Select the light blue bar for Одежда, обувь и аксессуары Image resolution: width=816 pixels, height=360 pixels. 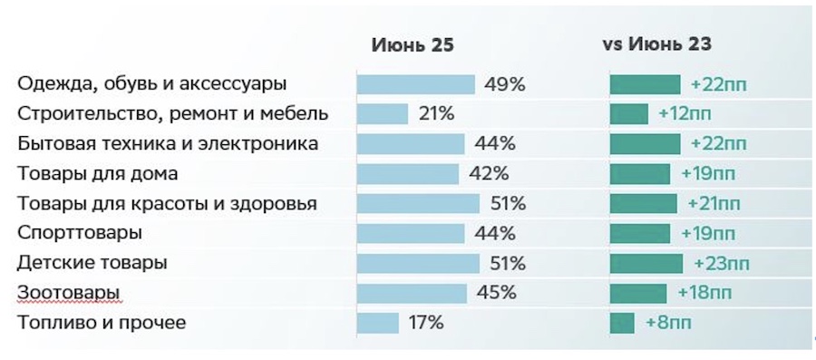click(x=415, y=84)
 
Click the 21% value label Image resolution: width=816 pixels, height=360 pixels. click(x=435, y=114)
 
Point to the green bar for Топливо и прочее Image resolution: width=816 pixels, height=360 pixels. click(x=622, y=323)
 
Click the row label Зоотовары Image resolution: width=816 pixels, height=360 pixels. click(x=69, y=293)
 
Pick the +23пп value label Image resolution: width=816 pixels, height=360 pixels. click(x=721, y=263)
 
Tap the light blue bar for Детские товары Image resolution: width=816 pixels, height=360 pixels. click(x=418, y=263)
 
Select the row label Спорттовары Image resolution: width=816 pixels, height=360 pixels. click(x=80, y=233)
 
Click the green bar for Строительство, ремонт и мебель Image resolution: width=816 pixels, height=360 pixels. click(x=628, y=114)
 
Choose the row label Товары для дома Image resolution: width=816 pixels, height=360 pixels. click(x=97, y=173)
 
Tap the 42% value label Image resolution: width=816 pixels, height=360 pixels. click(x=491, y=173)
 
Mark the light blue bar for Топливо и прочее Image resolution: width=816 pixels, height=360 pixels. click(x=378, y=323)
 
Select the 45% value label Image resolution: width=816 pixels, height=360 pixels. click(x=495, y=293)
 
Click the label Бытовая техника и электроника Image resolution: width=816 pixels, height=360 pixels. click(x=168, y=144)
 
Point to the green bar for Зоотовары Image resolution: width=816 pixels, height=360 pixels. click(x=638, y=293)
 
